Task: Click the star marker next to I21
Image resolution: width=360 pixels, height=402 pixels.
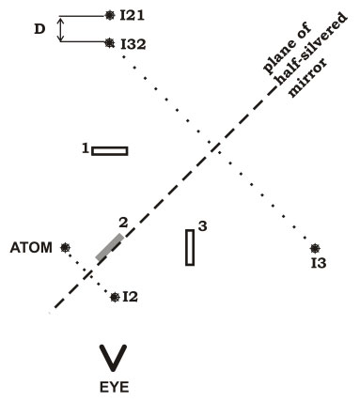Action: coord(110,15)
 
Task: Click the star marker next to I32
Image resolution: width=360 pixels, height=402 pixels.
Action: coord(109,42)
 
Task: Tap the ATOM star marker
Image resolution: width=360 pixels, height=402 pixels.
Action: coord(65,248)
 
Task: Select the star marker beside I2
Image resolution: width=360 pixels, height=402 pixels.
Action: coord(116,297)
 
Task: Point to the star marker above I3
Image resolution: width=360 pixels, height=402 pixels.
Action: coord(315,248)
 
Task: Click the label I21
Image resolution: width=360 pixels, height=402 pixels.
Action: coord(133,16)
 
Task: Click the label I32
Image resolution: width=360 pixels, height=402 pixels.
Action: coord(133,44)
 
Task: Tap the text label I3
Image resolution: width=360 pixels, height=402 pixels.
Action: coord(319,264)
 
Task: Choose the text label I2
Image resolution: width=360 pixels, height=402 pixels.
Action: coord(131,297)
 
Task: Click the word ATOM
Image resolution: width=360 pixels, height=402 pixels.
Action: coord(31,248)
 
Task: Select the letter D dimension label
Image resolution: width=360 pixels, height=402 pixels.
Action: coord(39,29)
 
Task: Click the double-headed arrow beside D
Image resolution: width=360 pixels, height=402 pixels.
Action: coord(61,29)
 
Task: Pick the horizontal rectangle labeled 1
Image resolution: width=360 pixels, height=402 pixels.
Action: coord(110,151)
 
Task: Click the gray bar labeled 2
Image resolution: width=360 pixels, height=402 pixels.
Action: coord(109,247)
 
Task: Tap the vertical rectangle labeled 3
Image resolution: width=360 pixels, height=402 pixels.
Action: coord(190,247)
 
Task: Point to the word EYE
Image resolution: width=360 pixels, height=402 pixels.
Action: coord(114,387)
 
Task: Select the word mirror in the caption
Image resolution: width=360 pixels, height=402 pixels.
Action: coord(307,77)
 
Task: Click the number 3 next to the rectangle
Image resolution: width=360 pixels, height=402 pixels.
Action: coord(203,226)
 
